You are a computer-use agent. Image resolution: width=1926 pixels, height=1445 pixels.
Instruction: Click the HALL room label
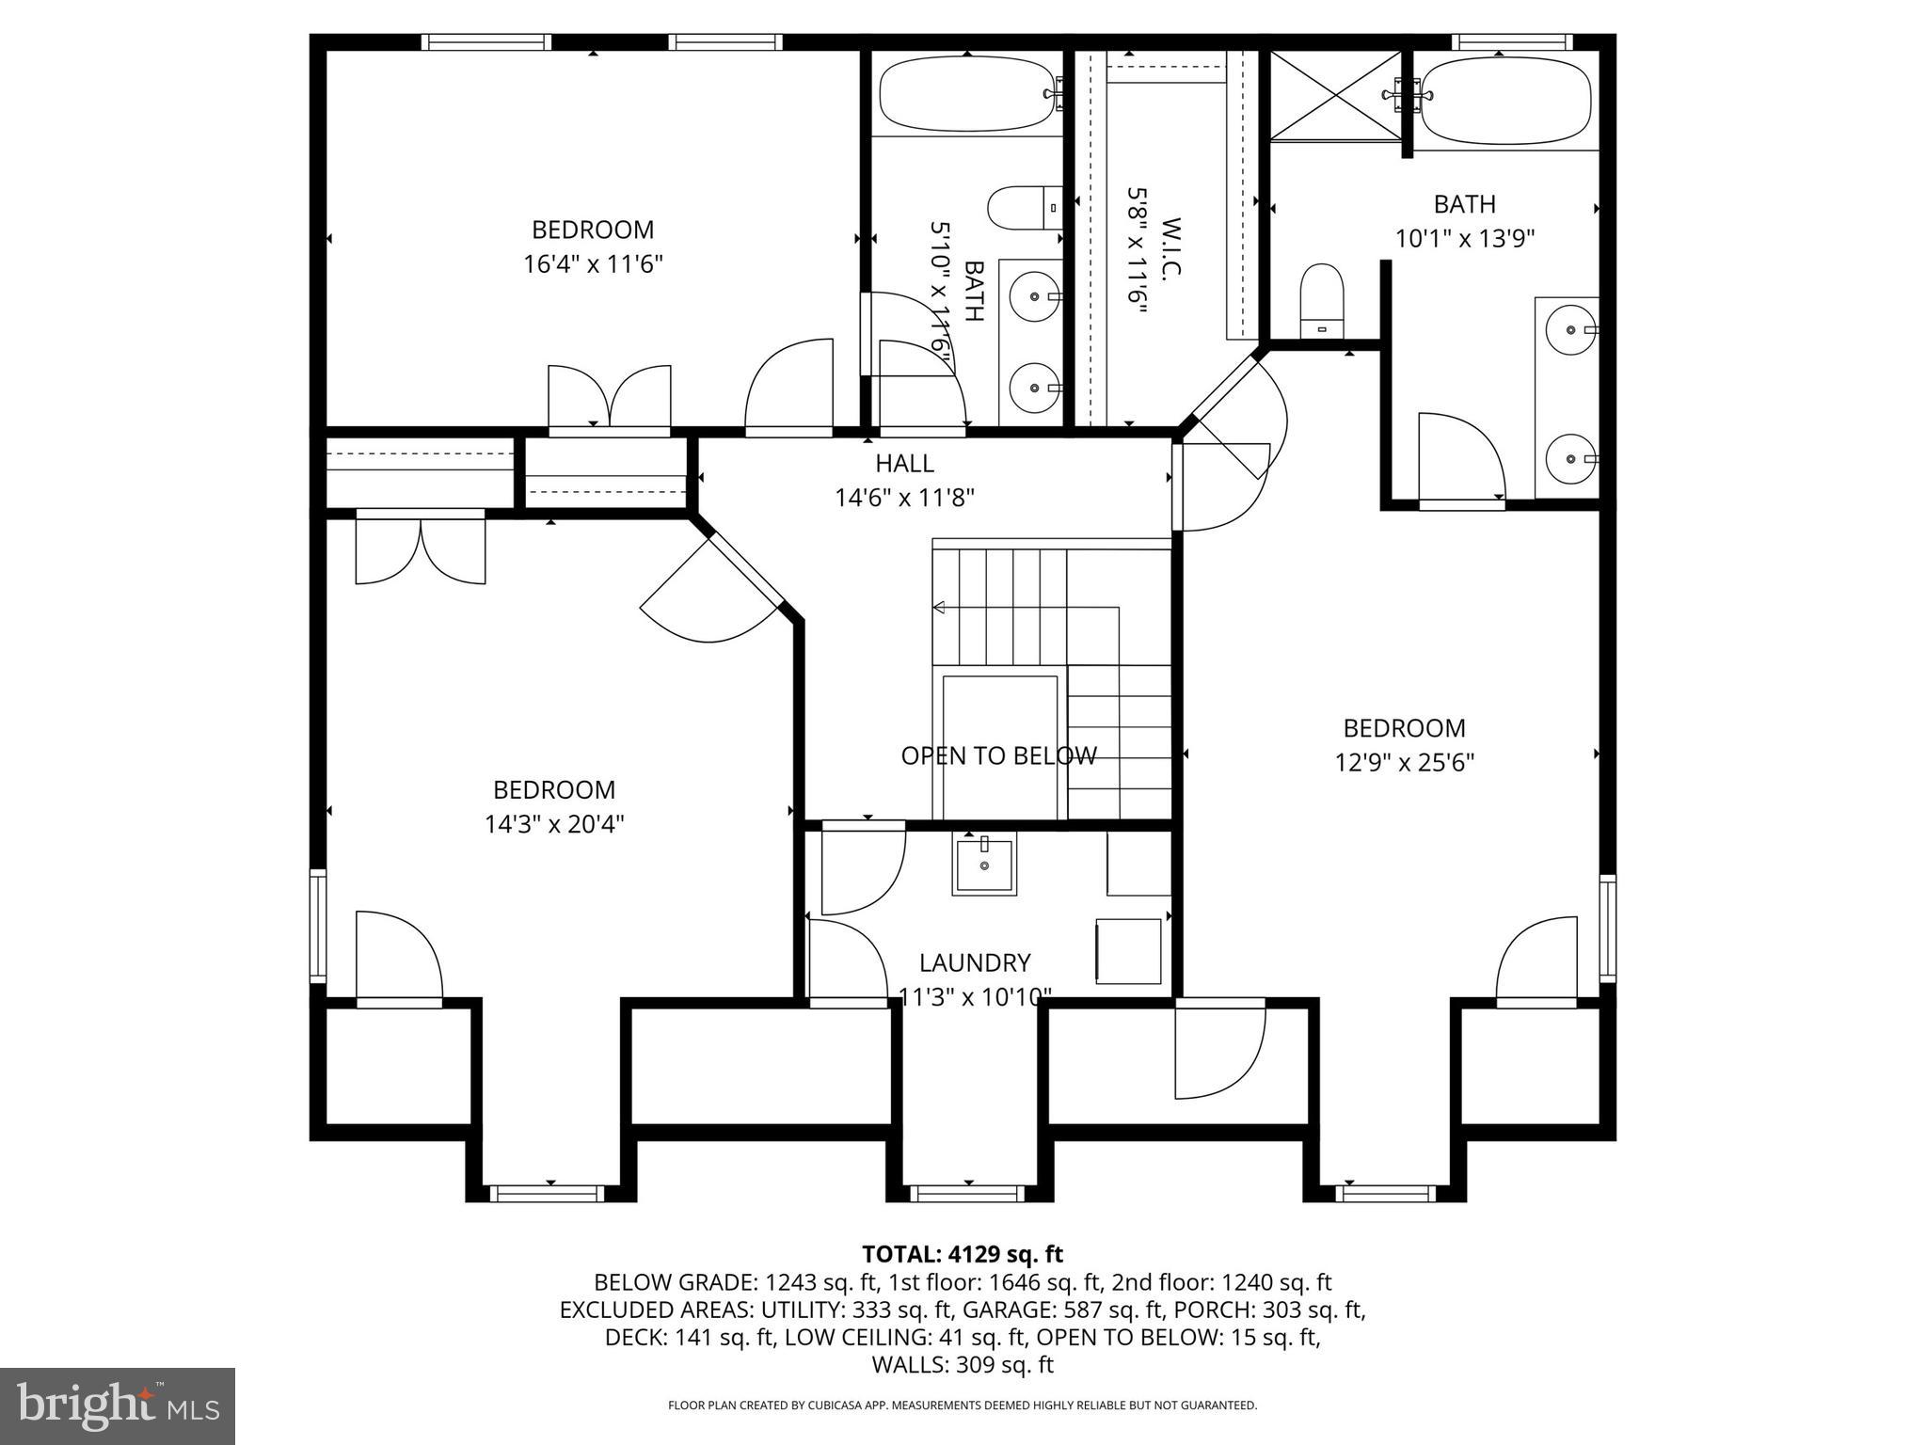point(904,463)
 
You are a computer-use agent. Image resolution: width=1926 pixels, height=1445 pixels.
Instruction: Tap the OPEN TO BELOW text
point(998,755)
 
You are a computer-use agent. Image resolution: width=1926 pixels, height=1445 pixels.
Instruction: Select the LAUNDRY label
point(975,962)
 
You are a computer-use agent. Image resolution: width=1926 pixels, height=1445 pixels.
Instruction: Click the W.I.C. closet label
point(1170,248)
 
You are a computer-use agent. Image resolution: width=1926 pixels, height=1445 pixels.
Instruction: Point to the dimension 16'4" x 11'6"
point(593,264)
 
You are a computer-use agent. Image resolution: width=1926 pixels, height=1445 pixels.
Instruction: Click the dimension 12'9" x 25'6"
point(1404,762)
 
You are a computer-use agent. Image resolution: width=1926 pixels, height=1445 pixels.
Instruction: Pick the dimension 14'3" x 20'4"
point(554,824)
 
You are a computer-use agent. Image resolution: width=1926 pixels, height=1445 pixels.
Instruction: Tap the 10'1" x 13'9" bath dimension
point(1464,239)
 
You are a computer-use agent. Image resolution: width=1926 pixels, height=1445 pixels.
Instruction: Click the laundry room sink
point(984,865)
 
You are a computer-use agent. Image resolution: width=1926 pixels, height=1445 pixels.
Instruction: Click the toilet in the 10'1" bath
point(1322,299)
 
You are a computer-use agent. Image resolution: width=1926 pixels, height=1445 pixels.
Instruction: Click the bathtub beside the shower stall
point(1504,99)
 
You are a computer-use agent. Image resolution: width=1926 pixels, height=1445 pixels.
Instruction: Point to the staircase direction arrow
point(939,608)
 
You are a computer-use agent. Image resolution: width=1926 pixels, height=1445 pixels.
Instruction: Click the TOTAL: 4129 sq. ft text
point(962,1254)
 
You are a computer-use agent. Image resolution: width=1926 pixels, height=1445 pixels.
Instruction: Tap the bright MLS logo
point(118,1406)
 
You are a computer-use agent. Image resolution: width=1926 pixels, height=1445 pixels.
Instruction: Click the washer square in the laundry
point(1128,951)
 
